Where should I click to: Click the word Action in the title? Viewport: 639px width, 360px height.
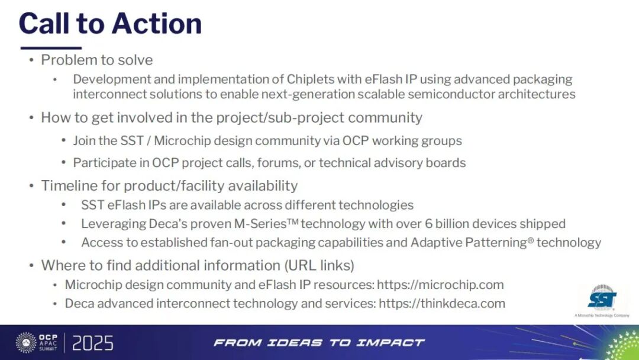(156, 23)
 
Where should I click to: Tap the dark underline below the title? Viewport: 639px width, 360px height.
(51, 48)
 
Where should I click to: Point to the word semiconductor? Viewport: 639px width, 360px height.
(451, 94)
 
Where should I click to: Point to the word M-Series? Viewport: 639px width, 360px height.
(266, 223)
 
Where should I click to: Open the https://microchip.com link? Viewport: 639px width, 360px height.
(440, 285)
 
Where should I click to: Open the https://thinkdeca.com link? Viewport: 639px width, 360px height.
(442, 303)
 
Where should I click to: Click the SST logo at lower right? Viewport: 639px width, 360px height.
(602, 299)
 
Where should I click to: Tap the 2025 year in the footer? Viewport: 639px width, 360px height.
(93, 343)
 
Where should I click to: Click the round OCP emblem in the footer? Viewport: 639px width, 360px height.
(26, 342)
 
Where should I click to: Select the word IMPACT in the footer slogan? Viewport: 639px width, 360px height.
(390, 342)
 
